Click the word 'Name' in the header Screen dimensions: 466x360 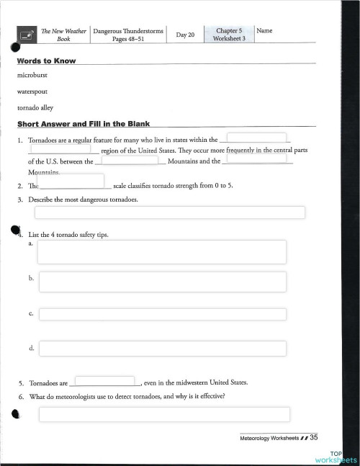[x=264, y=31]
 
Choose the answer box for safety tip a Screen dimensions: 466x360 [x=162, y=252]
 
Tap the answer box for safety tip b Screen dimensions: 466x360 [x=162, y=282]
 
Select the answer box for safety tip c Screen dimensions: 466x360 [x=162, y=315]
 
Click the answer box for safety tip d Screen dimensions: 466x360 [x=162, y=349]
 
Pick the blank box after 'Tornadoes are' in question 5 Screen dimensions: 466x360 [x=104, y=381]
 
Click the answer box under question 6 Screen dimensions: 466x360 [x=164, y=414]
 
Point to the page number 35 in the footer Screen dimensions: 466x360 [x=315, y=436]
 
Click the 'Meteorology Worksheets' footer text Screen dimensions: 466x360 [x=271, y=437]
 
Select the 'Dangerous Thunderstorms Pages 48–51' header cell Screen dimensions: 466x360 [x=128, y=35]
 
